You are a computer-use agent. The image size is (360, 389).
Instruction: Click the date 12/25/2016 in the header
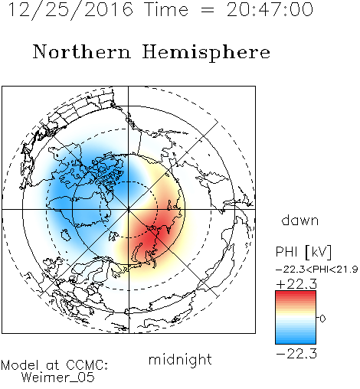70,10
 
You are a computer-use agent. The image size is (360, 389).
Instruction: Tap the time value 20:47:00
270,10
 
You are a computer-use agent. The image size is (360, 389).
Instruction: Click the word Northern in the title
82,51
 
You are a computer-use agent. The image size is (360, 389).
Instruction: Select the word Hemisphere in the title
206,53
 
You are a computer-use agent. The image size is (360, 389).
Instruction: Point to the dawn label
300,220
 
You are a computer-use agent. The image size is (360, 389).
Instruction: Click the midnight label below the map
180,359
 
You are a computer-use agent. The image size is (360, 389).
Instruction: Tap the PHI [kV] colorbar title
303,252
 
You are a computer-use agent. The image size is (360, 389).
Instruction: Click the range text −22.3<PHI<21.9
316,270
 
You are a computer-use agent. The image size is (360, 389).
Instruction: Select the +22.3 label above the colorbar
296,284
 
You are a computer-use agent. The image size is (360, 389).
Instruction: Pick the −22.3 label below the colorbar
296,354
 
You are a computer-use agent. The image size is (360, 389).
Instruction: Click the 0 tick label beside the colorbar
322,319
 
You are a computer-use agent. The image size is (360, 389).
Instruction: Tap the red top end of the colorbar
296,293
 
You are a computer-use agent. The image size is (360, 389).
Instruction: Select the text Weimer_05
57,378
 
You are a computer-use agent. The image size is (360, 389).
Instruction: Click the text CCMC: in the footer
87,365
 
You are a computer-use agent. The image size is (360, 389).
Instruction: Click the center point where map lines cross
129,209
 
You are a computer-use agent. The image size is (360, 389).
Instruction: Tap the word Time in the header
166,10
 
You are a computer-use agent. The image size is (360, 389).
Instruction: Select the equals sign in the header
208,11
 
